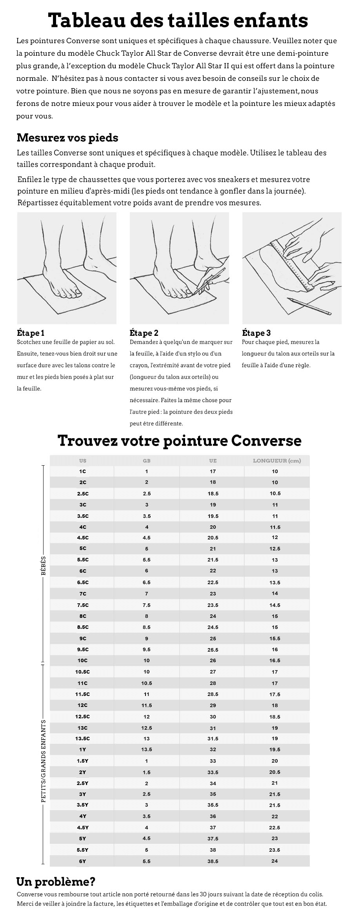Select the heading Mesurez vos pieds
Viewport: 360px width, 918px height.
coord(67,138)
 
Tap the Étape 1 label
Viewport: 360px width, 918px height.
coord(31,333)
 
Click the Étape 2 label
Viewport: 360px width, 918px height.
coord(144,333)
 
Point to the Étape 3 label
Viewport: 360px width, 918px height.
coord(256,333)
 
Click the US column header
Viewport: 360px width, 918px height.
coord(82,461)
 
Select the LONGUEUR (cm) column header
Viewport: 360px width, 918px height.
coord(277,461)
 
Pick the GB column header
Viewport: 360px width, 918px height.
coord(147,461)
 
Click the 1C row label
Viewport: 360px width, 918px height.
coord(82,471)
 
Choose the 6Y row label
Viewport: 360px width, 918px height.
coord(82,861)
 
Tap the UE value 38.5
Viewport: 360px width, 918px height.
coord(213,861)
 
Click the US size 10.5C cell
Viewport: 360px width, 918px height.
coord(82,672)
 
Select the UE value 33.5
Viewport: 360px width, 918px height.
coord(213,772)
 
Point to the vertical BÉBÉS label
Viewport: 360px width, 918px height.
coord(43,566)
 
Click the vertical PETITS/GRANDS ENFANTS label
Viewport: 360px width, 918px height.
coord(43,761)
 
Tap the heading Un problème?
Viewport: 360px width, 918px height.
coord(56,882)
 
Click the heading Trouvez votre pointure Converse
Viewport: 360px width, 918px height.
coord(180,441)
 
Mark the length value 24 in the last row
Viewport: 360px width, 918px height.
coord(275,861)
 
